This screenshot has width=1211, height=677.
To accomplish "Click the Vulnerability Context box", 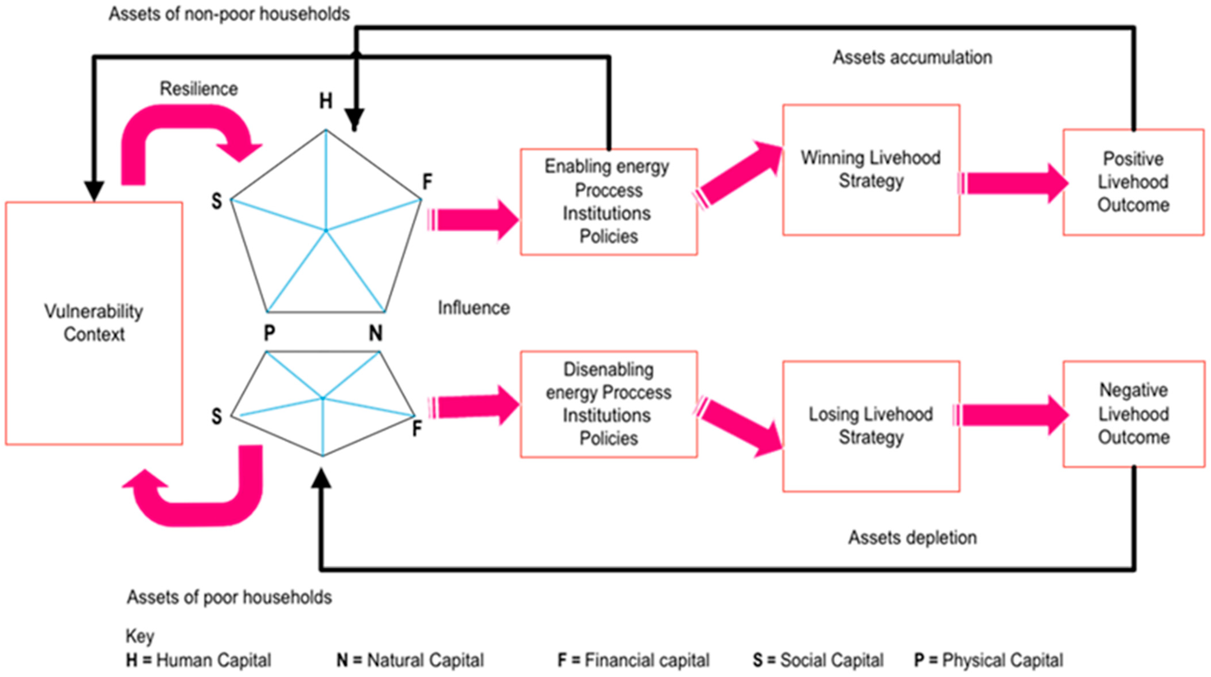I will (x=94, y=323).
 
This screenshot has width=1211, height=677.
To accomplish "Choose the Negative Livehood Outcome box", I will (x=1133, y=413).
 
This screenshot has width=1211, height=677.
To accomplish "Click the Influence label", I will (x=473, y=308).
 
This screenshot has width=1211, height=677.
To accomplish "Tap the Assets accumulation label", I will (x=912, y=57).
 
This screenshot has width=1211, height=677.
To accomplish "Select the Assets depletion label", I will (x=912, y=537).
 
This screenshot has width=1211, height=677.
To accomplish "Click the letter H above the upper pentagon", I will (x=325, y=101).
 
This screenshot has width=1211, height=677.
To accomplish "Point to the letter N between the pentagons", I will (x=375, y=333).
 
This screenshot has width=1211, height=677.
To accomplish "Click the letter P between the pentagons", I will (x=269, y=333).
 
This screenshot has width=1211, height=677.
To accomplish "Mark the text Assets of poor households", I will (x=229, y=597).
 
